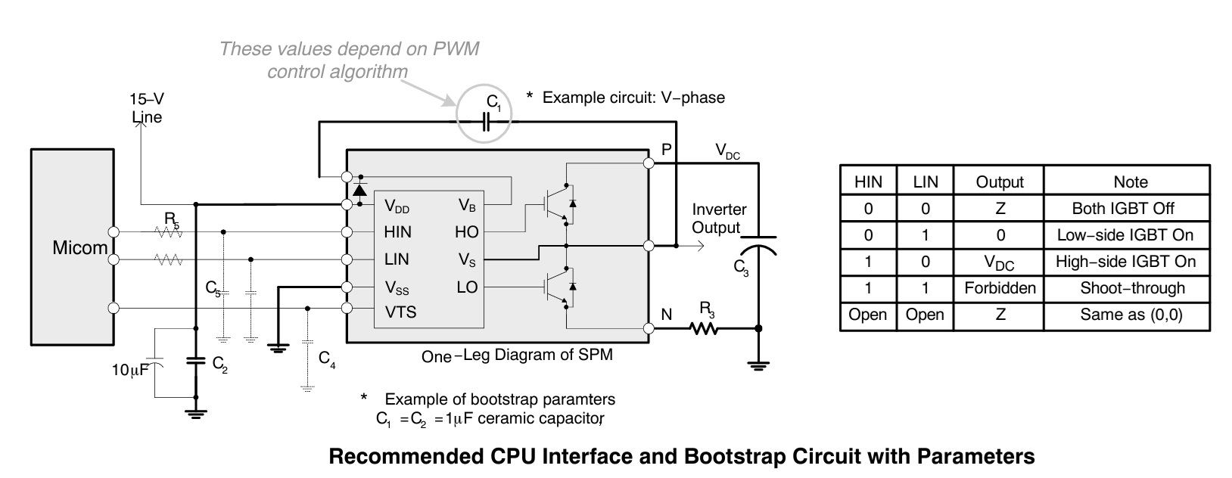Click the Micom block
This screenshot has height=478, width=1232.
tap(72, 247)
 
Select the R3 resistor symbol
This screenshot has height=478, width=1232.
tap(704, 328)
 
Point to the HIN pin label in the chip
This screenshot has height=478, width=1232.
tap(397, 232)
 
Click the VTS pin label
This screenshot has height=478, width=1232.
tap(400, 312)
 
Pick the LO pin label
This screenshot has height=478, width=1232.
tap(467, 287)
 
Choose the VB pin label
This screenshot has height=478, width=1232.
tap(467, 206)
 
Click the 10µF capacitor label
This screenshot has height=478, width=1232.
tap(130, 370)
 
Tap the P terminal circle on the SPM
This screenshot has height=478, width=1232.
tap(649, 163)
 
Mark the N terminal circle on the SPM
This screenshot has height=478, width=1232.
tap(649, 328)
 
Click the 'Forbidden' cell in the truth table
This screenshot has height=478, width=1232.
tap(1000, 288)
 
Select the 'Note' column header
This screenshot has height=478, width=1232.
tap(1131, 182)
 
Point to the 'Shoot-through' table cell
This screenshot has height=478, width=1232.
tap(1132, 288)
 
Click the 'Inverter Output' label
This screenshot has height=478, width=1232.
tap(718, 218)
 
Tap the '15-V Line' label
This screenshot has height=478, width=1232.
tap(147, 107)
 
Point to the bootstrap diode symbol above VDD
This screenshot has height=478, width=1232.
tap(359, 190)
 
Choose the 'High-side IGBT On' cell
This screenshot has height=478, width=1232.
tap(1126, 262)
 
